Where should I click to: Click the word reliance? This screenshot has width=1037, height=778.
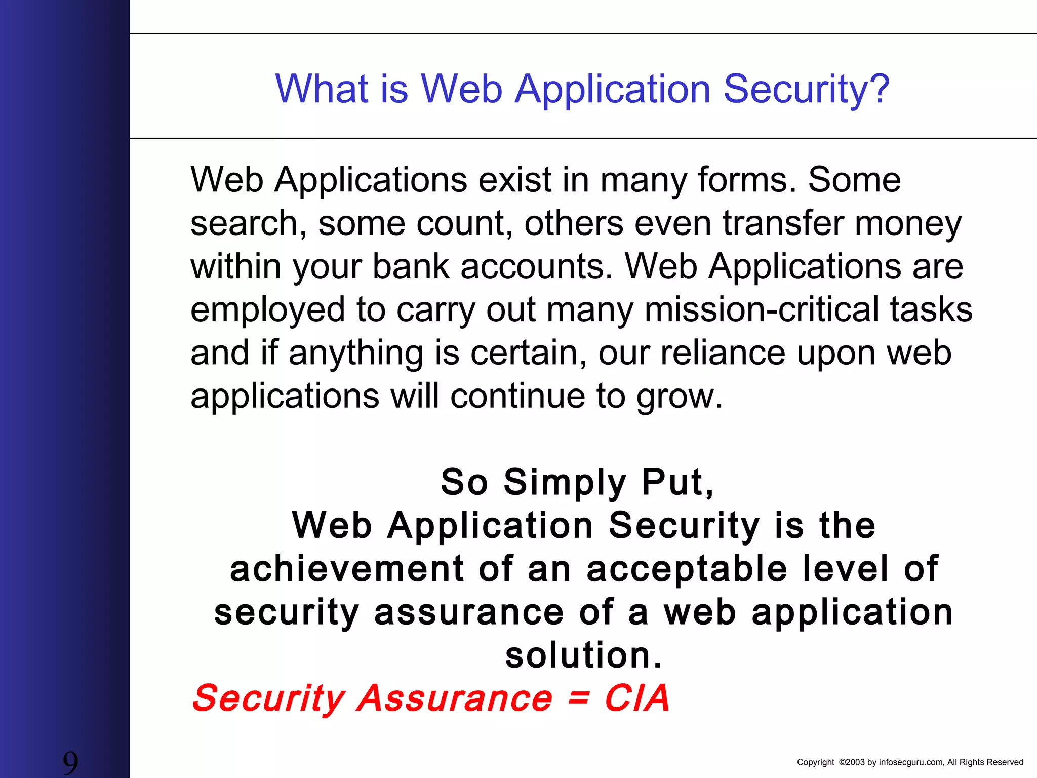coord(723,353)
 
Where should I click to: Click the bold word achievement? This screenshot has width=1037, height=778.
coord(347,569)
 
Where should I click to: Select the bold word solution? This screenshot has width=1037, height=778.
coord(583,655)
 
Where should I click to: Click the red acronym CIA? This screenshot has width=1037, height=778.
coord(637,698)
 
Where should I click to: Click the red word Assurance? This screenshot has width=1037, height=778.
coord(455,698)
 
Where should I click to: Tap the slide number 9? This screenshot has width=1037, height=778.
coord(70,762)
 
